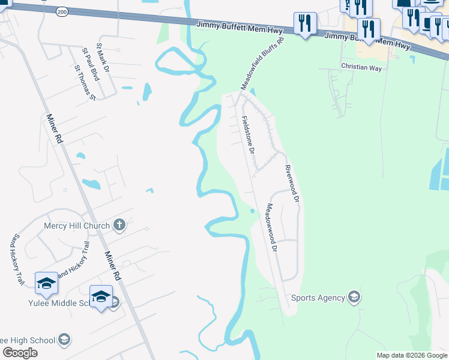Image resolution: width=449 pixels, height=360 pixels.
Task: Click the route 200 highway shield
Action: [62, 11]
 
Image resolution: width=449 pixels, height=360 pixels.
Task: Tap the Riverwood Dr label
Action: [292, 183]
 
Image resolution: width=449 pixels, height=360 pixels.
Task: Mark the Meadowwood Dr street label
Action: [271, 227]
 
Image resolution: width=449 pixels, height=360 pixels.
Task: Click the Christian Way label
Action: [361, 68]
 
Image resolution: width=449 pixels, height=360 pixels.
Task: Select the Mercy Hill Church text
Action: [77, 226]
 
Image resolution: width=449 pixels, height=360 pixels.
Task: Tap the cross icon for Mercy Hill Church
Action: [119, 226]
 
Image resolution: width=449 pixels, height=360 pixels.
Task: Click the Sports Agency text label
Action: [318, 298]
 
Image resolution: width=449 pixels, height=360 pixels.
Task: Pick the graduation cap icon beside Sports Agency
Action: [354, 297]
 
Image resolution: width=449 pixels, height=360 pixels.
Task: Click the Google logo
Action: [20, 353]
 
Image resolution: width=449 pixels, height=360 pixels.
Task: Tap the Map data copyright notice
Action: [412, 355]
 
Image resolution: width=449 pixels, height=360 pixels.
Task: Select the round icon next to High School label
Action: [63, 340]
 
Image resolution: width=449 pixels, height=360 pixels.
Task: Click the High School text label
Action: [26, 340]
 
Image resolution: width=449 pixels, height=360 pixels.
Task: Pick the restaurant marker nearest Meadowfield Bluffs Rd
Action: [305, 24]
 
